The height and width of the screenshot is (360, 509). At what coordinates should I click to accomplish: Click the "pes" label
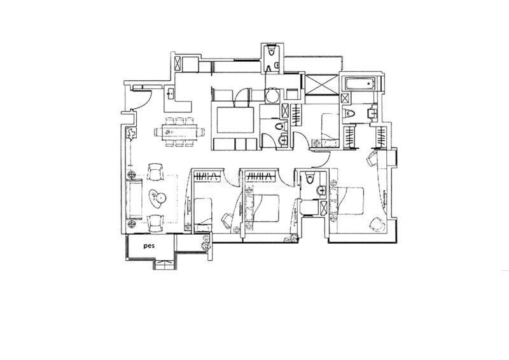click(x=149, y=246)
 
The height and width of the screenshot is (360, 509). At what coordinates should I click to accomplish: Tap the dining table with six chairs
click(x=179, y=132)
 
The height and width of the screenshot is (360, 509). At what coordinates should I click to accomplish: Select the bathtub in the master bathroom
click(x=360, y=84)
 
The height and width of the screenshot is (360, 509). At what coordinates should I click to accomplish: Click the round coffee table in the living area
click(x=161, y=197)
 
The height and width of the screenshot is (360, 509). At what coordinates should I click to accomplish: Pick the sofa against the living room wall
click(x=134, y=200)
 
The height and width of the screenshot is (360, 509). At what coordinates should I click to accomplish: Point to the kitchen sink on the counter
click(x=170, y=93)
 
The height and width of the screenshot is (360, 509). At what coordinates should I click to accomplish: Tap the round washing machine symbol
click(x=272, y=96)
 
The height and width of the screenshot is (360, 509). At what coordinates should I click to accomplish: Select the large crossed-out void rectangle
click(x=321, y=85)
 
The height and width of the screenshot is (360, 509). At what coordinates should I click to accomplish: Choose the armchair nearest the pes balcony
click(x=155, y=223)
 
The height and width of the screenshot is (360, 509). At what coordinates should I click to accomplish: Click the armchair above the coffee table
click(x=155, y=171)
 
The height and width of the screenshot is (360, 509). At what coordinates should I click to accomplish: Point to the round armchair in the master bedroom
click(x=377, y=225)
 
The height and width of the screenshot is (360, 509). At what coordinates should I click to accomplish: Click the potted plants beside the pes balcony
click(x=206, y=242)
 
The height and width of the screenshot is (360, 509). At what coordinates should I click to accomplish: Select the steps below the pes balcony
click(x=165, y=265)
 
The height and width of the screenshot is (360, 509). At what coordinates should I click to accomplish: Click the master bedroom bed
click(x=347, y=201)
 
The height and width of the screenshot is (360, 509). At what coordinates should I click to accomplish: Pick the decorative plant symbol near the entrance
click(x=131, y=133)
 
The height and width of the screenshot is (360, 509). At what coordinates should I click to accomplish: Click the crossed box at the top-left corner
click(x=178, y=63)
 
